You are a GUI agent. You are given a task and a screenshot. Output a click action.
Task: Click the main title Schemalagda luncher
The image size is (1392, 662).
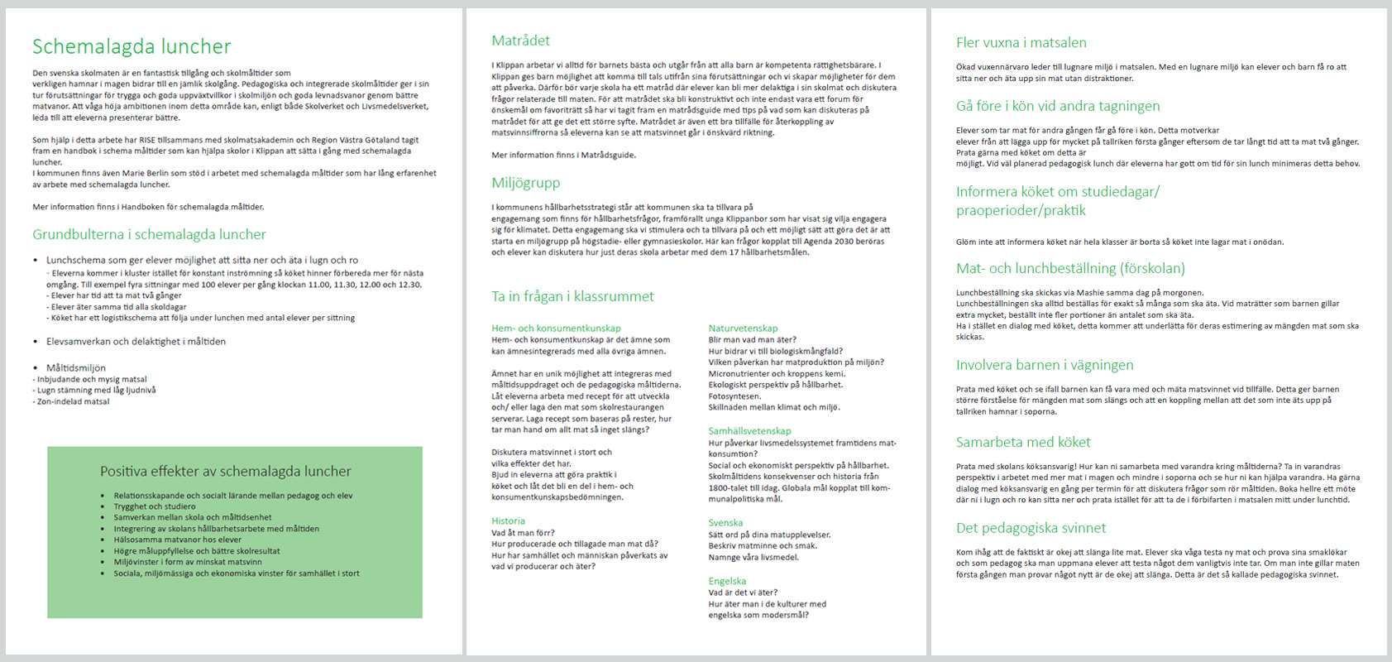tap(132, 46)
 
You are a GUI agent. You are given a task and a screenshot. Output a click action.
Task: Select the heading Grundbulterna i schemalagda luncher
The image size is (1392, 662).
tap(149, 234)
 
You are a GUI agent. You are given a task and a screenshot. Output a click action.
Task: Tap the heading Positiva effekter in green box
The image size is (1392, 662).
tap(225, 471)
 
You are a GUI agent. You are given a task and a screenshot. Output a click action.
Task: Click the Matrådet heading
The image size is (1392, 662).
tap(520, 41)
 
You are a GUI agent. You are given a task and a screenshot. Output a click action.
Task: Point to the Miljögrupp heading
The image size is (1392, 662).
tap(525, 183)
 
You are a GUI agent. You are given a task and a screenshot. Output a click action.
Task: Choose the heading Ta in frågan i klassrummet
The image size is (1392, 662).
tap(572, 296)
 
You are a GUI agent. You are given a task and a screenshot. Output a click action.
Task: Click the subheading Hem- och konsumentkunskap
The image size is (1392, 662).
tap(556, 329)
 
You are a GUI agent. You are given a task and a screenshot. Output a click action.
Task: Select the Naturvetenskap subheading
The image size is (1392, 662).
tap(743, 329)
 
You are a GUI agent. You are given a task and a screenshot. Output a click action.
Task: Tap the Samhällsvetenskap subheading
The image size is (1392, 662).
tap(749, 431)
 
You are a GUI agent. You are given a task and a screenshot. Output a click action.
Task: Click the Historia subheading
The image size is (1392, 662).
tap(508, 521)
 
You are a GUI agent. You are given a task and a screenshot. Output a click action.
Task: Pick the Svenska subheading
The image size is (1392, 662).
tap(725, 523)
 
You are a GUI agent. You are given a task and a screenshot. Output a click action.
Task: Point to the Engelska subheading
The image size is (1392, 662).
tap(727, 582)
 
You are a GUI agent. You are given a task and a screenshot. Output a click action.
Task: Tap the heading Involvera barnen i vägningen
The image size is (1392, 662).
tap(1044, 365)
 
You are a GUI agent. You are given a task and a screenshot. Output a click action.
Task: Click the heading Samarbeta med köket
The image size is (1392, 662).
tap(1022, 442)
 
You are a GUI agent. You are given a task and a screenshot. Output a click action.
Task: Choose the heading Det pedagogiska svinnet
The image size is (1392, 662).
tap(1031, 528)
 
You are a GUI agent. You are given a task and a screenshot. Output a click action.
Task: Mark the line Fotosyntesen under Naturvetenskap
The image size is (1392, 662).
tap(735, 396)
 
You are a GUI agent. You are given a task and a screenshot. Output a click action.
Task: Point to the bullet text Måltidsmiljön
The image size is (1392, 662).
tap(76, 367)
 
